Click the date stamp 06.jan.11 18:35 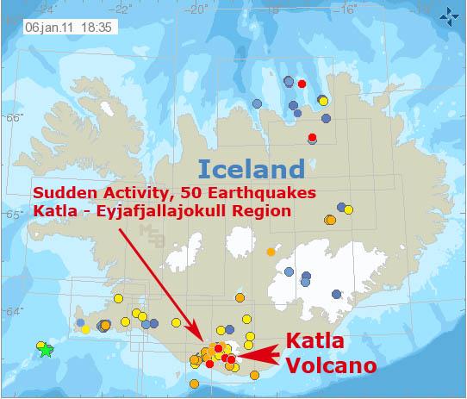[69, 28]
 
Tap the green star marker [47, 350]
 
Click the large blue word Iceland [252, 169]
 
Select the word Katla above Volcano [314, 340]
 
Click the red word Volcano [332, 365]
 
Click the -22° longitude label [121, 9]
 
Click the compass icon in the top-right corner [449, 17]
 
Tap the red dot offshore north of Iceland [302, 84]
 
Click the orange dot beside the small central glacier [271, 252]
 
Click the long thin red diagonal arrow [161, 285]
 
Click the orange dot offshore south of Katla [194, 383]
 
